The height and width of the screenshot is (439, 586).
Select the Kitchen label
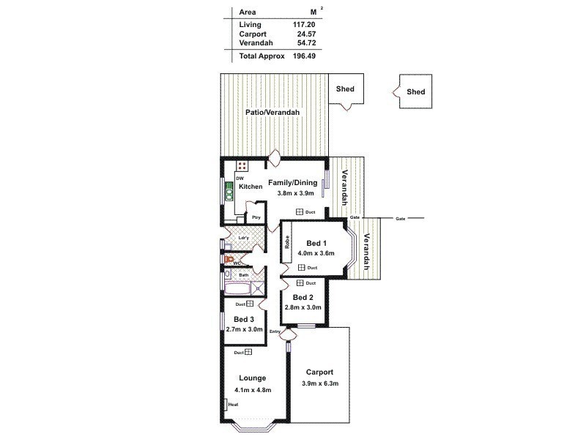tap(251, 187)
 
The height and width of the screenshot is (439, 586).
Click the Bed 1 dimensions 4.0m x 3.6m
tap(316, 253)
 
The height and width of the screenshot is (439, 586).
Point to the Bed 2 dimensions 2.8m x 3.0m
tap(303, 307)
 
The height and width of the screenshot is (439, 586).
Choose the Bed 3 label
tap(244, 320)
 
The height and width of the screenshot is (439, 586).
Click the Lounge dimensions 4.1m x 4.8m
tap(253, 389)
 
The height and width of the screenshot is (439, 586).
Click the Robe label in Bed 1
tap(288, 242)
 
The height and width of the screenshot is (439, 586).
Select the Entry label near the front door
tap(275, 332)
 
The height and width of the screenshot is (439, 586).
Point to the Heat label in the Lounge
tap(234, 404)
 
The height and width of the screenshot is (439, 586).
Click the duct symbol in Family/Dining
tap(300, 211)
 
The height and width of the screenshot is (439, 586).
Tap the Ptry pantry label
tap(256, 217)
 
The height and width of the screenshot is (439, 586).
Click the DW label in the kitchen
tap(240, 178)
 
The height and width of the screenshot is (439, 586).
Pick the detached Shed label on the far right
tap(415, 92)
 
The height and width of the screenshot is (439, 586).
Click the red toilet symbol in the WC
tap(229, 259)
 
